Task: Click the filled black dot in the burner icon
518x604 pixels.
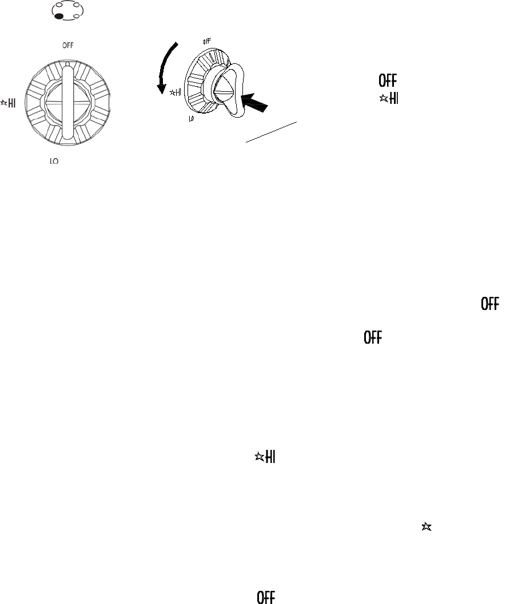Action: [x=59, y=16]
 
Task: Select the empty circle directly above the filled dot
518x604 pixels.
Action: [x=59, y=7]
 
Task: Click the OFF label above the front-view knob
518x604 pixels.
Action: [x=67, y=44]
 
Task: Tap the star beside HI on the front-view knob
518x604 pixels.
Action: [x=5, y=103]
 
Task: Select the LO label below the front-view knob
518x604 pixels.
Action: [x=54, y=162]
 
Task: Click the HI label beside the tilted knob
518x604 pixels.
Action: [x=179, y=91]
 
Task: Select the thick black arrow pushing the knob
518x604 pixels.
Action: [x=256, y=102]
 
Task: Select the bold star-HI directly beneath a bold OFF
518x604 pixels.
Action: [x=388, y=98]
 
